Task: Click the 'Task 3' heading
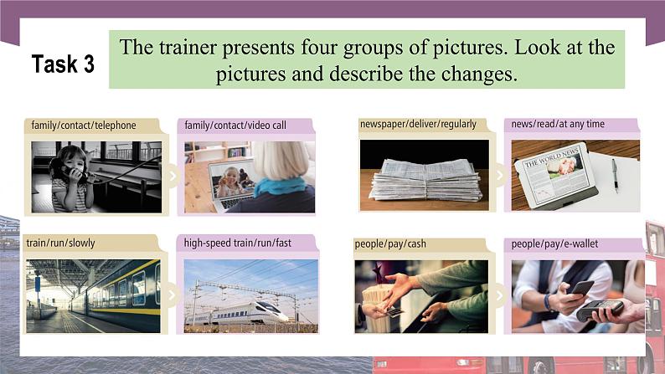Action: [63, 64]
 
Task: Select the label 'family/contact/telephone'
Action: [84, 126]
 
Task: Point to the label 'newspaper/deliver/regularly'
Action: [418, 125]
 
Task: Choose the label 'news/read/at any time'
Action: [559, 125]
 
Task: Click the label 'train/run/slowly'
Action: [60, 243]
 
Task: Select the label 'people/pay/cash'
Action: [390, 243]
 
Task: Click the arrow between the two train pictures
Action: [172, 295]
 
